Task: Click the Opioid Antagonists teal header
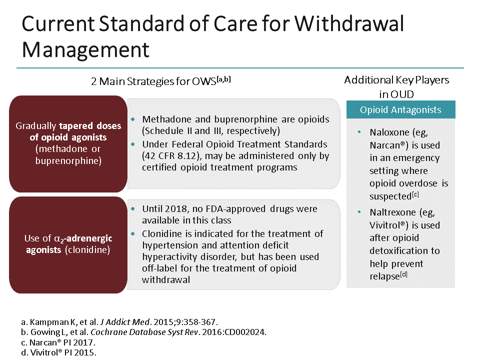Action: [x=400, y=110]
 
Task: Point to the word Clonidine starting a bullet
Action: [x=162, y=233]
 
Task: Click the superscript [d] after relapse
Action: [x=403, y=274]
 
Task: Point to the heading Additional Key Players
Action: [x=396, y=80]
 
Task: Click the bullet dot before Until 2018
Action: [x=133, y=209]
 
